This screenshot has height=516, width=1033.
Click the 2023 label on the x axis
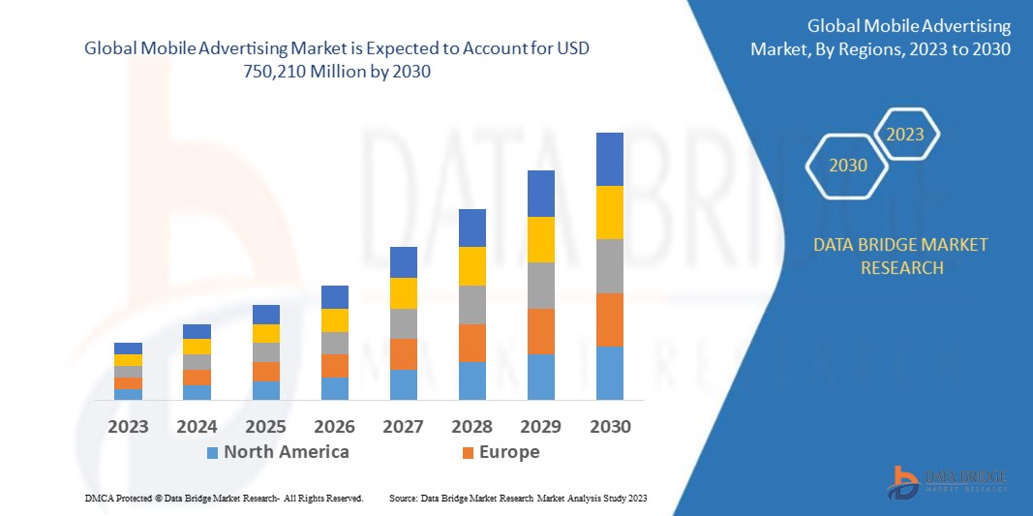(x=128, y=426)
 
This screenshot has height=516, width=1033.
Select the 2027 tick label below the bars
(x=404, y=426)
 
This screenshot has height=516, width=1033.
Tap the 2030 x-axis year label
(x=610, y=426)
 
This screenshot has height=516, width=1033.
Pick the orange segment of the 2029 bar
(x=541, y=331)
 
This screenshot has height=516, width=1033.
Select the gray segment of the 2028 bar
(x=472, y=304)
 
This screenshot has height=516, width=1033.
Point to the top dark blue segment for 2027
(x=404, y=262)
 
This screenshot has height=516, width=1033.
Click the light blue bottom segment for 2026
(x=335, y=388)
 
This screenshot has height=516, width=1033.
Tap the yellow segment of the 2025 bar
(x=266, y=333)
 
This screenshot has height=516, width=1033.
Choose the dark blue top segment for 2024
(x=197, y=331)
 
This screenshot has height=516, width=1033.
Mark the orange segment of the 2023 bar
(x=128, y=383)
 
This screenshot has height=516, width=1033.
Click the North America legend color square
(x=212, y=452)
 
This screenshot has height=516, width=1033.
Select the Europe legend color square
(x=468, y=452)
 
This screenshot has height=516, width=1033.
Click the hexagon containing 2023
(x=905, y=135)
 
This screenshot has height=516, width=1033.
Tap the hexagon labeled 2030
(x=848, y=166)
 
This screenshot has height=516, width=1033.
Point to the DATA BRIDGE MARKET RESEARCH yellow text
(x=901, y=256)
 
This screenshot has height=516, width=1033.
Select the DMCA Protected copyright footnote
(x=224, y=498)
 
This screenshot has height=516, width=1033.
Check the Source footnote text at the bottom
(x=517, y=498)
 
